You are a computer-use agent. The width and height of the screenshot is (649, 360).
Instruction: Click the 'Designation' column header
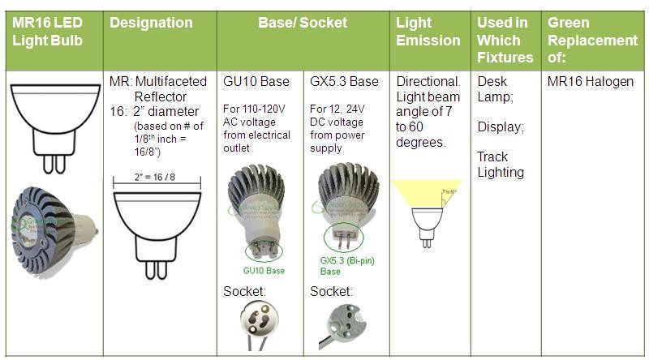pos(151,23)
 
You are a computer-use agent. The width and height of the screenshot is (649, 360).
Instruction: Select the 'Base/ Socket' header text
pos(303,23)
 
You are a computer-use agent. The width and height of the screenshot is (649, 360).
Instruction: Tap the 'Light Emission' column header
pos(428,32)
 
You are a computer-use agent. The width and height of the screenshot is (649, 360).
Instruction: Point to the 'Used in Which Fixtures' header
pos(505,40)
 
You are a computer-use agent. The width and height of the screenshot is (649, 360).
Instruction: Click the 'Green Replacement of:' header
pos(592,40)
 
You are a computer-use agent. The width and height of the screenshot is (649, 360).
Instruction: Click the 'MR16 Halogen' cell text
pos(591,82)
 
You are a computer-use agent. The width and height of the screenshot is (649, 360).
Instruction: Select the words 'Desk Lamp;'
pos(496,89)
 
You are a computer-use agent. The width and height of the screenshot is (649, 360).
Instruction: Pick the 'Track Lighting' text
pos(500,164)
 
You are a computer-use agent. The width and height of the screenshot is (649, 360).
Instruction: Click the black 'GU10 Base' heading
pos(256,82)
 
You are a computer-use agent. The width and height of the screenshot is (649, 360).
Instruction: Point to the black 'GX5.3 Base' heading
pos(344,82)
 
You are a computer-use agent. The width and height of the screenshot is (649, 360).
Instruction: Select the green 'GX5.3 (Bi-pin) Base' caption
pos(347,266)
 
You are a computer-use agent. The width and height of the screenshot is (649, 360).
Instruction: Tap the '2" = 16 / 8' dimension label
pos(155,178)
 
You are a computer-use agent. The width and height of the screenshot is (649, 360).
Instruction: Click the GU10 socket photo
pos(260,325)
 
